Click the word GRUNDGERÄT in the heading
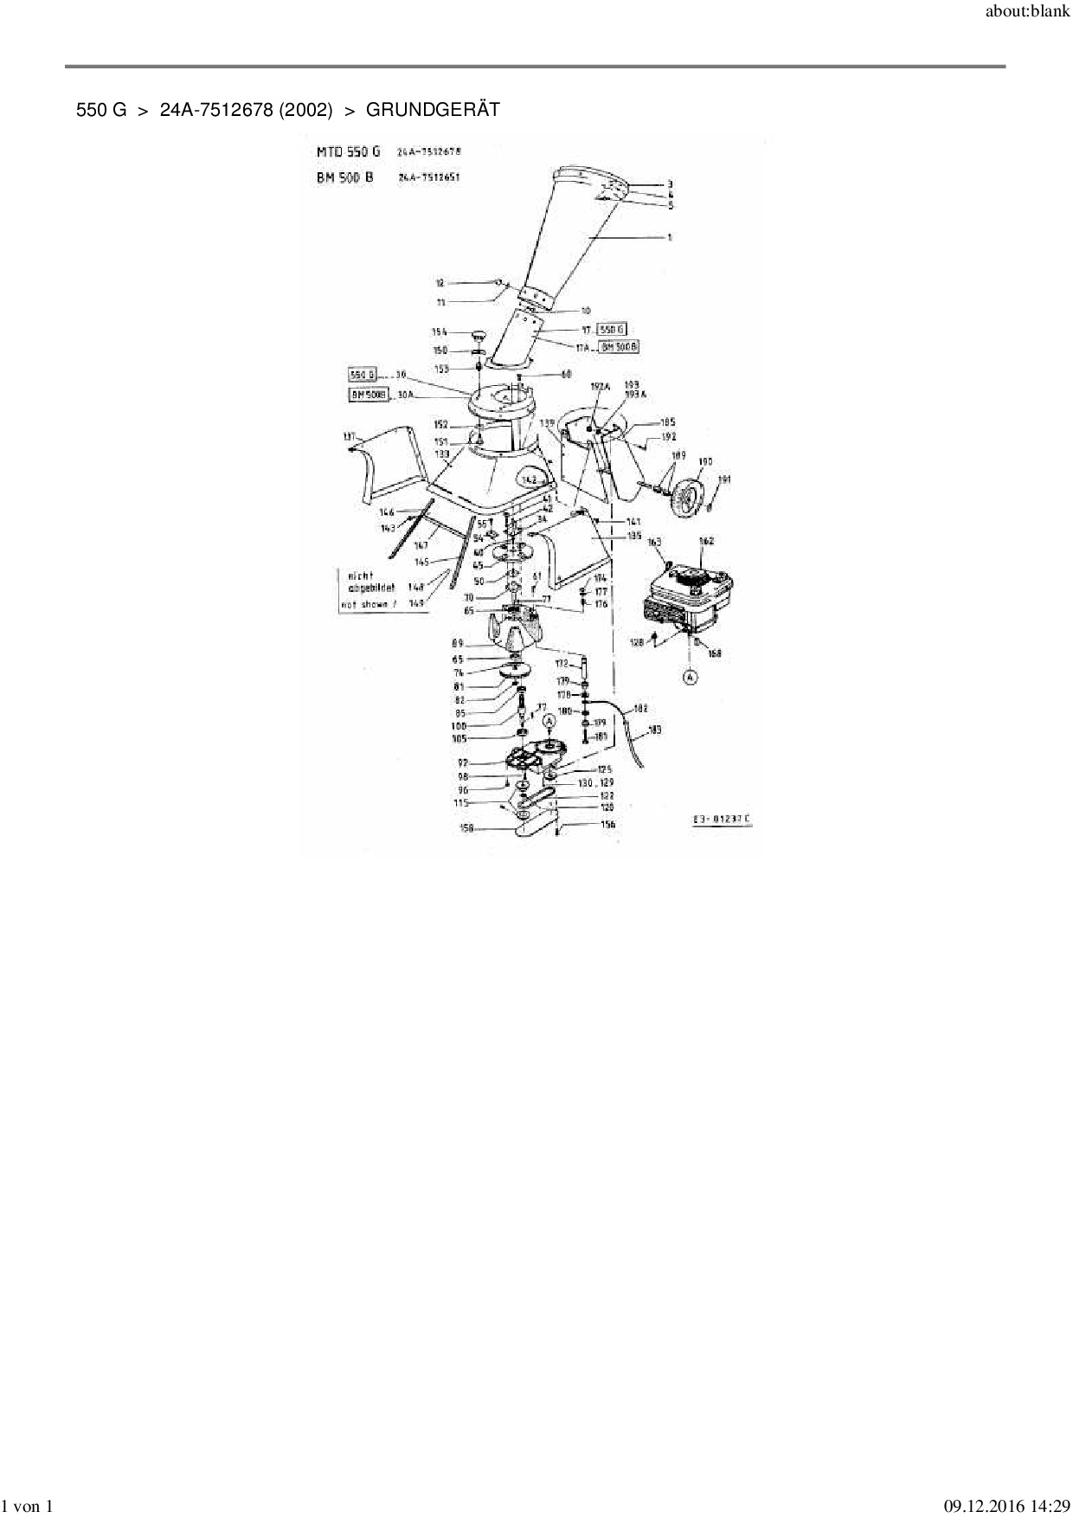tap(433, 110)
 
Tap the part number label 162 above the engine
tap(706, 542)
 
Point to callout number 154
tap(440, 332)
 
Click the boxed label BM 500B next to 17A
tap(620, 346)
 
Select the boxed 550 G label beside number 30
tap(363, 375)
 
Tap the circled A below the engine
tap(690, 678)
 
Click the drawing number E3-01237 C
tap(721, 819)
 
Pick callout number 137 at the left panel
tap(350, 438)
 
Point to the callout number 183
tap(654, 730)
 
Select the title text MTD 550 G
tap(348, 151)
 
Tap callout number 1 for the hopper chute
tap(670, 237)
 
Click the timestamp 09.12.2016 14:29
tap(1006, 1507)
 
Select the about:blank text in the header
tap(1028, 13)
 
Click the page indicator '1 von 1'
tap(29, 1507)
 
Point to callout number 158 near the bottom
tap(468, 828)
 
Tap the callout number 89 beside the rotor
tap(458, 643)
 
